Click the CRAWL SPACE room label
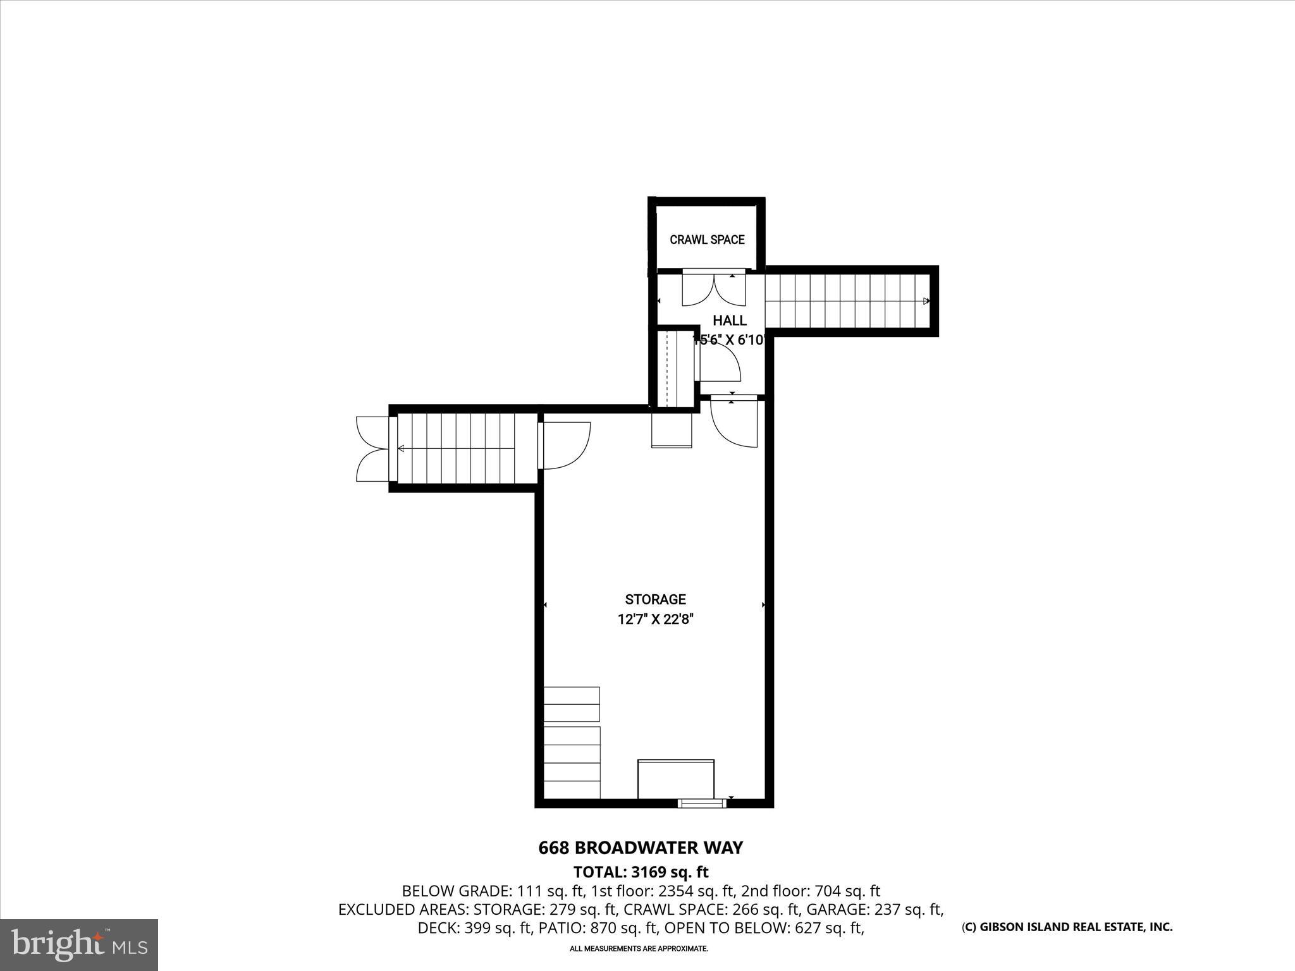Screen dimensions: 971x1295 pos(707,240)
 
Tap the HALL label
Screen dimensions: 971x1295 pos(730,321)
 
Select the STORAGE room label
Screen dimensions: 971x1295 pos(655,599)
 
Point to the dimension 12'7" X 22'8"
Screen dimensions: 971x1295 pos(655,620)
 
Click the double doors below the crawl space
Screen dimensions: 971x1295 pos(715,289)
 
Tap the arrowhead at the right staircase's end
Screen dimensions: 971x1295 pos(926,301)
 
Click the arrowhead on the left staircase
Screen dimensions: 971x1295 pos(401,449)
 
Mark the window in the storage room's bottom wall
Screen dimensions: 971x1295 pos(701,803)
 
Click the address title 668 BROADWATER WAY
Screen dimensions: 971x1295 pos(641,848)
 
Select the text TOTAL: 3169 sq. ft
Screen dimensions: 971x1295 pos(641,872)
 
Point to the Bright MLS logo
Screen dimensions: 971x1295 pos(79,944)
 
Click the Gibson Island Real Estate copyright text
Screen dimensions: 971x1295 pos(1067,927)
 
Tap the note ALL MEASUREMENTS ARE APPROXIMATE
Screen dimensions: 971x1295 pos(639,949)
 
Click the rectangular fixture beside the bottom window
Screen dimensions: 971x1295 pos(675,779)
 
